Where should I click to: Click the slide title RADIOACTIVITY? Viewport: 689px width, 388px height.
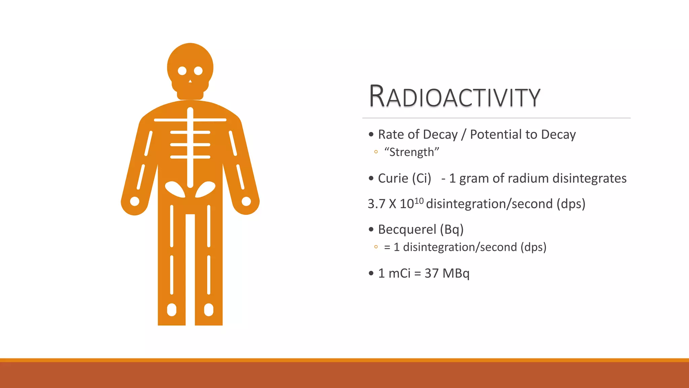click(455, 97)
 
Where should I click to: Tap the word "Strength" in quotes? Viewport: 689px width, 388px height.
click(412, 152)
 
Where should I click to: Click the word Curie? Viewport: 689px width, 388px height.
click(393, 178)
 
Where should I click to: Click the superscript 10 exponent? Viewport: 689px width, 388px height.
click(419, 201)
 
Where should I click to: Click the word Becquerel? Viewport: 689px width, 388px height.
click(407, 229)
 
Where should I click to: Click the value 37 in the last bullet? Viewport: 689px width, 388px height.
click(431, 273)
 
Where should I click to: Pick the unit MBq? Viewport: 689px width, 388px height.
click(456, 273)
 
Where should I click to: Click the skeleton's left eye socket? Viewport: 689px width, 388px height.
click(182, 71)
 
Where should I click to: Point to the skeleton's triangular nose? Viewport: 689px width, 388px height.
click(190, 81)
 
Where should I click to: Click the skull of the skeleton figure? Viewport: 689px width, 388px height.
click(190, 61)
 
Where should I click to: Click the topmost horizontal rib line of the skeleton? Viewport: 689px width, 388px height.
click(190, 120)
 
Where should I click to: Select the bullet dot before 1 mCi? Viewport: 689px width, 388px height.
click(371, 273)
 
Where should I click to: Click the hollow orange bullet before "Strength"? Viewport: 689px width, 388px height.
click(376, 152)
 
